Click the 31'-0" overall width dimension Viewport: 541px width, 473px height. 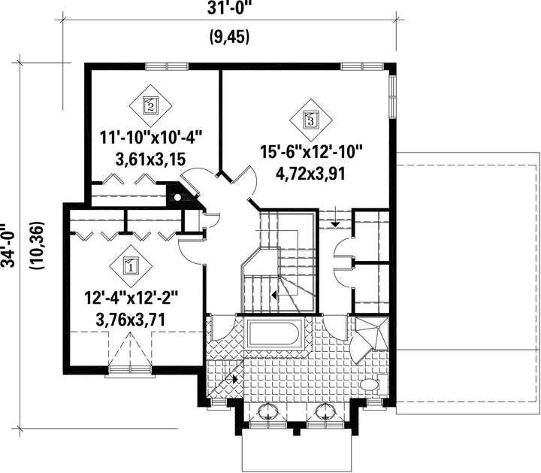[229, 8]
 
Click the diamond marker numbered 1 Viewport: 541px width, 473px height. [131, 265]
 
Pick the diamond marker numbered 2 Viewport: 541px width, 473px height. [150, 105]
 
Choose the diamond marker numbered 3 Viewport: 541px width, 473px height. [310, 120]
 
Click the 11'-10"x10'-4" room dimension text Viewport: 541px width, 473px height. [150, 138]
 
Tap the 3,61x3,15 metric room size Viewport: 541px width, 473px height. [150, 159]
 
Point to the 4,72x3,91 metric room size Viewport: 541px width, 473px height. [310, 174]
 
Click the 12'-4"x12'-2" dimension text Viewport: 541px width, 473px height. [131, 298]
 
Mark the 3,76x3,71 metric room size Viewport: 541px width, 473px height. [131, 320]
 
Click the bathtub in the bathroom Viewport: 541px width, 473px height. [274, 334]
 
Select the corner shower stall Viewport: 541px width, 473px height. [372, 334]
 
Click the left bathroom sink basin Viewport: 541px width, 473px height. [267, 411]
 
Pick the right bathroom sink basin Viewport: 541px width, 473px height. [325, 411]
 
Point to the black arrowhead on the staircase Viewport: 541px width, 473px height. [274, 296]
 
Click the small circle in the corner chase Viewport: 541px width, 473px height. [177, 198]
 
